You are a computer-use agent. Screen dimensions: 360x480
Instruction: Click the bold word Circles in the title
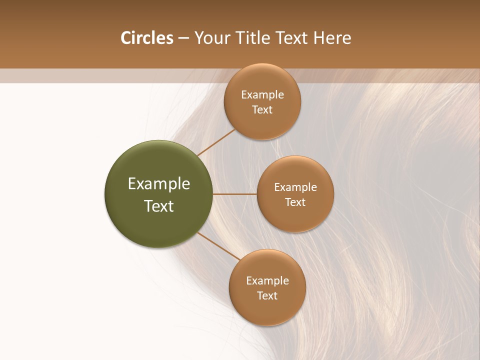(x=146, y=38)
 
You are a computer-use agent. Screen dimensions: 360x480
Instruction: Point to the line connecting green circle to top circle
(x=216, y=142)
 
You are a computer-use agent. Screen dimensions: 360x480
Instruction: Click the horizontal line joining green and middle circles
(x=235, y=194)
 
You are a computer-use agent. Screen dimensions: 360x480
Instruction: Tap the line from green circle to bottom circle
(x=219, y=246)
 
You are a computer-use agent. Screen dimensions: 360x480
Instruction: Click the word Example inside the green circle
(x=159, y=184)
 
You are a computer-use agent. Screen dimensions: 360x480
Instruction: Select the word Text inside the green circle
(x=159, y=206)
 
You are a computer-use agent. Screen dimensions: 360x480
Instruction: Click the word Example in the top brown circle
(x=262, y=95)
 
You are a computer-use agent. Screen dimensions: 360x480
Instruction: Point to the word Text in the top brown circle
(x=262, y=110)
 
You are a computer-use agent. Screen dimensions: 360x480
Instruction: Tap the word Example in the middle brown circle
(x=295, y=187)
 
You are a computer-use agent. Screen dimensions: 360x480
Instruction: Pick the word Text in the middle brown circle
(x=295, y=202)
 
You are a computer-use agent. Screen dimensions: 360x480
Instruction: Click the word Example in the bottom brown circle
(x=267, y=281)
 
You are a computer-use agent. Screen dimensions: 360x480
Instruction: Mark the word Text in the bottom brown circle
(x=267, y=295)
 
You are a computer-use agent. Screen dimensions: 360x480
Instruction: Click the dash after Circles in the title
(x=183, y=38)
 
